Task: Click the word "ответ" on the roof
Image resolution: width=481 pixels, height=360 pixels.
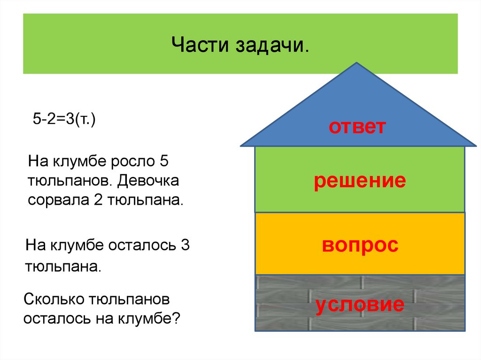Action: click(x=357, y=127)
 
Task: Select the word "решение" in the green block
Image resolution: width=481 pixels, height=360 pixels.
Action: click(x=360, y=181)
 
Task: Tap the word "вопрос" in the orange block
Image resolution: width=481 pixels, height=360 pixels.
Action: click(x=360, y=245)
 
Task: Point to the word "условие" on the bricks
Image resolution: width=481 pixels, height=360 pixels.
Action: click(x=360, y=305)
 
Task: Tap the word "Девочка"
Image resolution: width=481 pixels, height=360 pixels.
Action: click(x=149, y=181)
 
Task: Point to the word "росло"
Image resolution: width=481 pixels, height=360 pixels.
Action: click(x=132, y=162)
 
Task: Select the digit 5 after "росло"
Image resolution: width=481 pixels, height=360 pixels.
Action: click(x=163, y=162)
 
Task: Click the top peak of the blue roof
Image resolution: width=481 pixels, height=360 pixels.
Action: click(x=357, y=63)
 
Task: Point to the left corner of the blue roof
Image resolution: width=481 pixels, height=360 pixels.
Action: click(x=241, y=145)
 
